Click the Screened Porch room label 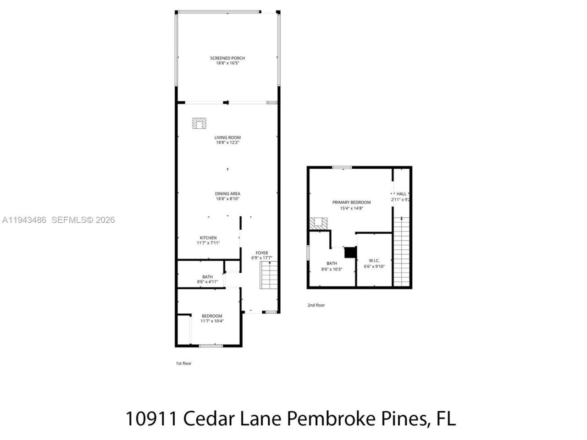(x=227, y=58)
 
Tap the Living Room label (x=227, y=137)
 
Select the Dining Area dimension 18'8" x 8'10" (x=227, y=199)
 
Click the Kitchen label (x=208, y=237)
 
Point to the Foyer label (x=262, y=253)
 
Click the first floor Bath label (x=207, y=276)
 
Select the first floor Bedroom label (x=212, y=316)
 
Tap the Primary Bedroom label (x=351, y=202)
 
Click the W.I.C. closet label (x=374, y=260)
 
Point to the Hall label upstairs (x=401, y=194)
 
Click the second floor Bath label (x=332, y=264)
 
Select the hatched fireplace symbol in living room (x=200, y=123)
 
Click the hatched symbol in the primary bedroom (x=318, y=223)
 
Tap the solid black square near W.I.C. (x=350, y=253)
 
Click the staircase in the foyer (x=269, y=275)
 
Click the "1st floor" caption (x=184, y=363)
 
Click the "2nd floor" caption (x=316, y=305)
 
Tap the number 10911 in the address (x=151, y=418)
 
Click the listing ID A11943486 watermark (x=24, y=220)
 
